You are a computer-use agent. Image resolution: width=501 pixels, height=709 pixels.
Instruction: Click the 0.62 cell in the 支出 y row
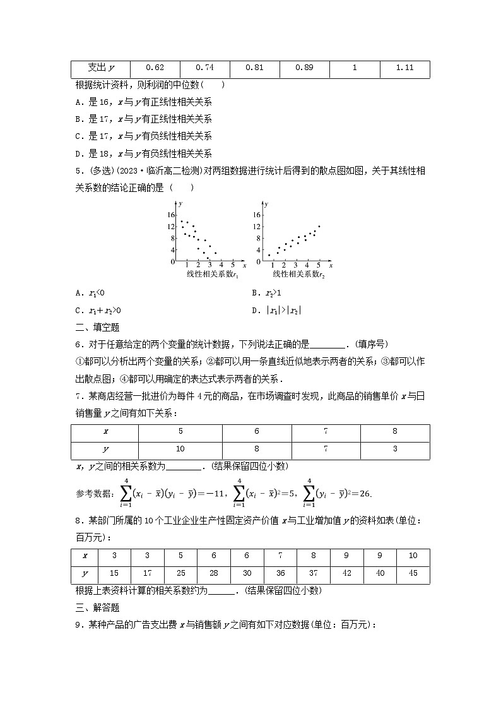point(155,68)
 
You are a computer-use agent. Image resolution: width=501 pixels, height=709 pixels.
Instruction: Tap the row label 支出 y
point(100,68)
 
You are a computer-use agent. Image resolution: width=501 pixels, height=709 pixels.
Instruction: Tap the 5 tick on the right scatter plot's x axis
point(319,265)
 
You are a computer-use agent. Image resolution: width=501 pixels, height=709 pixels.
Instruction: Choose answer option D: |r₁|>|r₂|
point(276,310)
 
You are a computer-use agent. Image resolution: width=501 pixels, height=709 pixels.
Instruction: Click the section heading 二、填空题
point(97,327)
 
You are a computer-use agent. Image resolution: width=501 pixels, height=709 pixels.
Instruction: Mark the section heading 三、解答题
point(97,607)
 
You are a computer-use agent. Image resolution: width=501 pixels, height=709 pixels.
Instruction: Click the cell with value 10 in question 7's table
point(180,450)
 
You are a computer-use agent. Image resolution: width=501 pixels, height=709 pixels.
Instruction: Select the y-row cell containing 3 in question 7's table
point(395,450)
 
